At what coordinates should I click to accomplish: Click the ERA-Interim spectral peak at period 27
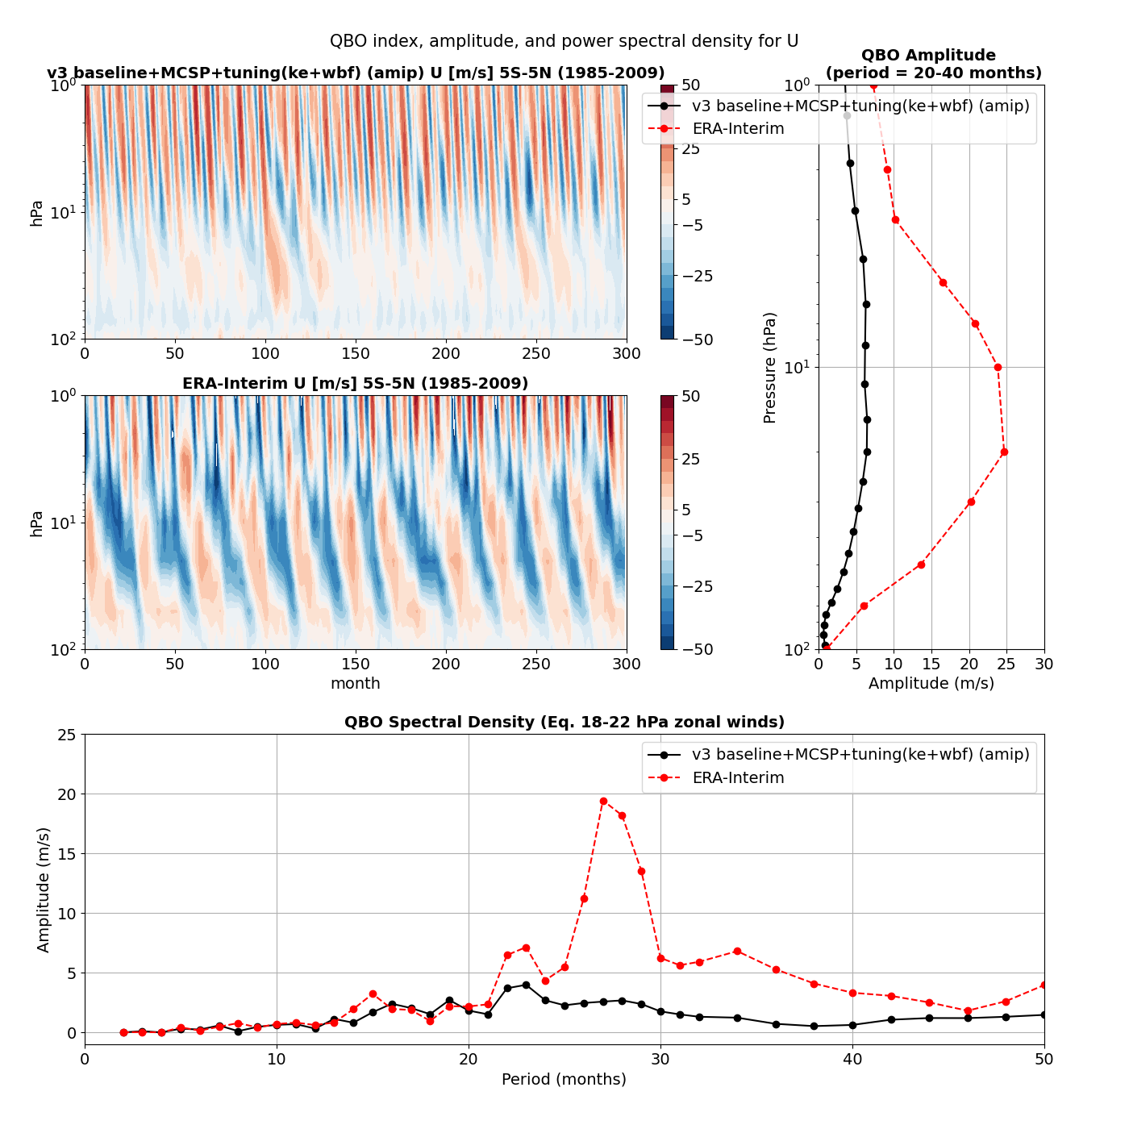[603, 801]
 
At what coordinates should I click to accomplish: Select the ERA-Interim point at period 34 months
[737, 951]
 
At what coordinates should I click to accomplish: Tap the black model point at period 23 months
[526, 985]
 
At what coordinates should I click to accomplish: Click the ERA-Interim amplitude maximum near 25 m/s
[1004, 452]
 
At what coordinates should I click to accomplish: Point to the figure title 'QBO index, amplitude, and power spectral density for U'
[564, 41]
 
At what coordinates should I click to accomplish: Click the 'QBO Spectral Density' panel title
[564, 722]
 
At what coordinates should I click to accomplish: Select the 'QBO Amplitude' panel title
[928, 56]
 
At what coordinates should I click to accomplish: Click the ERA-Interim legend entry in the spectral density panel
[738, 777]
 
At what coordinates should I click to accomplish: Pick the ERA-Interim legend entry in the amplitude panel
[738, 129]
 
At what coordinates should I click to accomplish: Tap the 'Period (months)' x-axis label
[564, 1079]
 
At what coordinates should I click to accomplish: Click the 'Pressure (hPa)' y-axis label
[769, 367]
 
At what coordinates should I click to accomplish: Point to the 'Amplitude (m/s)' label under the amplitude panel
[931, 683]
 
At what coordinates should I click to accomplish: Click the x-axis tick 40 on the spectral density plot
[852, 1059]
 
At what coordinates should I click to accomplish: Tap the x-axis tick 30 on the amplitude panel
[1044, 664]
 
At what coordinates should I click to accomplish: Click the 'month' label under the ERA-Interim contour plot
[355, 683]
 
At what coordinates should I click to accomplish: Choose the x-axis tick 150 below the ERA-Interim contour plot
[356, 664]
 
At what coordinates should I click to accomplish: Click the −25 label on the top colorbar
[698, 276]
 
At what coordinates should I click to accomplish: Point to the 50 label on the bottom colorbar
[690, 396]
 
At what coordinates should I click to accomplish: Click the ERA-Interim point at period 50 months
[1044, 985]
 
